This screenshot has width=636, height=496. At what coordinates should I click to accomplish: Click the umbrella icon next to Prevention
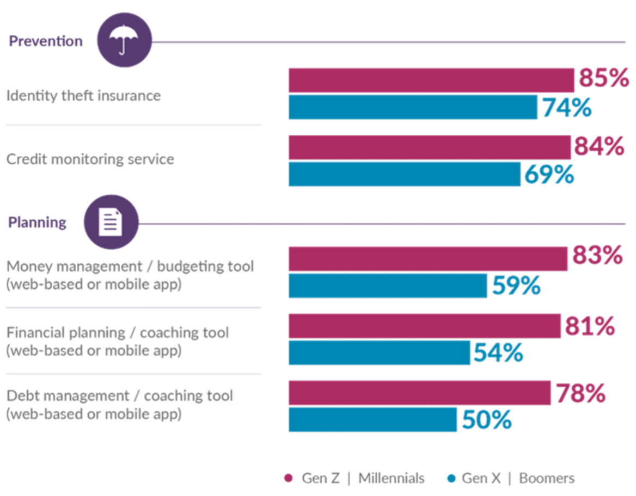124,40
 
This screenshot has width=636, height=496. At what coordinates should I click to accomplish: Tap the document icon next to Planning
111,222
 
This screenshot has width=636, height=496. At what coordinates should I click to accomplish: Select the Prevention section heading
46,41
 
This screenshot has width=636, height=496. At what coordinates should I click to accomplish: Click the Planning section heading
37,222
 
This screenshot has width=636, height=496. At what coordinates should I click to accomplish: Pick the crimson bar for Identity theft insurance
431,80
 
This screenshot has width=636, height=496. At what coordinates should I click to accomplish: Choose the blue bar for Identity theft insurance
412,107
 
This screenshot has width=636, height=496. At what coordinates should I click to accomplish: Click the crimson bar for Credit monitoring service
429,147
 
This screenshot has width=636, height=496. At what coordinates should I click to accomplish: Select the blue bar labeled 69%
404,174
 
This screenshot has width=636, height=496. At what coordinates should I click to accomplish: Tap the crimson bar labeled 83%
427,258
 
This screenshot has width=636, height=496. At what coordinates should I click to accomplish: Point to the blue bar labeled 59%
387,286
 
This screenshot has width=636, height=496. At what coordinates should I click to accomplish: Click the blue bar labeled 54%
379,352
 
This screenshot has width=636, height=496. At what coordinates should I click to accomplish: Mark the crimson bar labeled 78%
419,393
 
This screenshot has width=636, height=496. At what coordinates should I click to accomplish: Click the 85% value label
604,79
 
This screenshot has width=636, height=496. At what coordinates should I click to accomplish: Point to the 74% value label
566,107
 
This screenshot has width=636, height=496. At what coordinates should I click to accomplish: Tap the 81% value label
590,326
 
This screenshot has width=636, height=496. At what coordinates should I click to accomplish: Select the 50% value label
487,420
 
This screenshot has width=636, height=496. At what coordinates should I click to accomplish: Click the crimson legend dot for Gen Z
289,479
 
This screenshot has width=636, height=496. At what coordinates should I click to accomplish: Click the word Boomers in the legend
547,479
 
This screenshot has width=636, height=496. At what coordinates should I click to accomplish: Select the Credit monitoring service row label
90,159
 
